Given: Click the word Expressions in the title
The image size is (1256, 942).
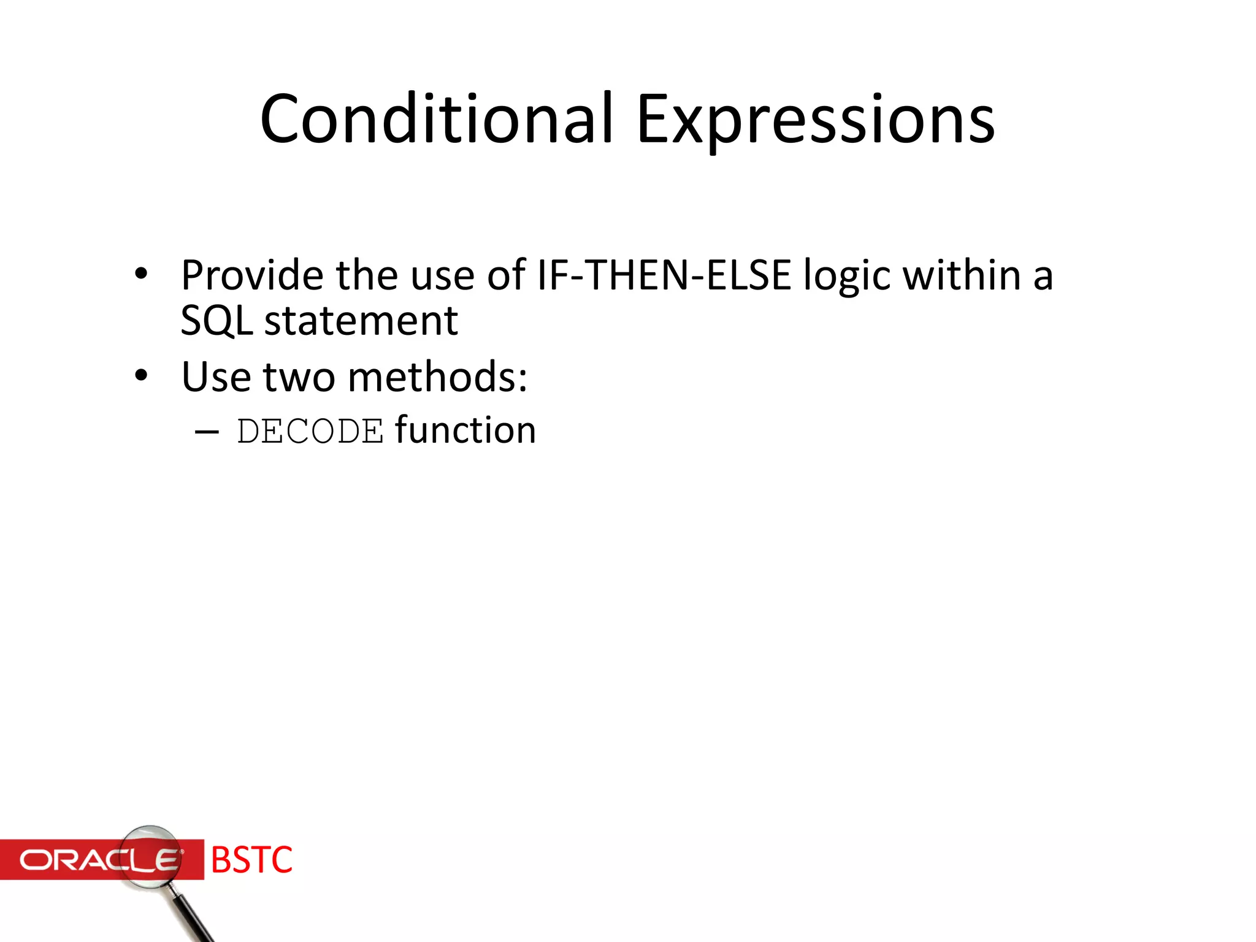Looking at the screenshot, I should tap(815, 120).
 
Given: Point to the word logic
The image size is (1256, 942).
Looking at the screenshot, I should tap(847, 276).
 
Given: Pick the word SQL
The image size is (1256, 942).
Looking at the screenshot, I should tap(216, 321).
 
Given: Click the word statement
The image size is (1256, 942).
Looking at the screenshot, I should tap(361, 321).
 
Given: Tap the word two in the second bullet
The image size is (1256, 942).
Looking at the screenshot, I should tap(299, 377).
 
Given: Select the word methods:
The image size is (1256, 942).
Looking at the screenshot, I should tap(437, 377).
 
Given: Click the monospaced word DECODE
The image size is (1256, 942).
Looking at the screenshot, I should tap(310, 431).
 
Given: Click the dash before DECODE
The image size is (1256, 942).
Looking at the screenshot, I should tap(207, 432).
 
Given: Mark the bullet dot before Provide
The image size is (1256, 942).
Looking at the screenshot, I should tap(142, 274).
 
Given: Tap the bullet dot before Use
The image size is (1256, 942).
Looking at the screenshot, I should tap(142, 375).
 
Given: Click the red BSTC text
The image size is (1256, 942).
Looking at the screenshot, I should tap(251, 860).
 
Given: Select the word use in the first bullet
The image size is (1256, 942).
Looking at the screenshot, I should tap(442, 276).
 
